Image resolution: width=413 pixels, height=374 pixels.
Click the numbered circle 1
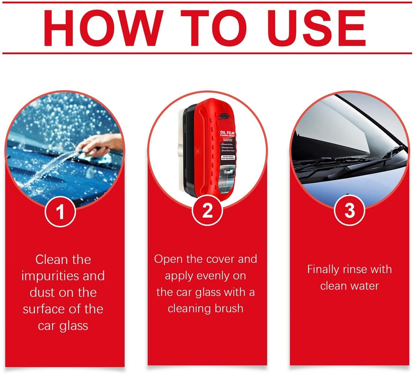60,211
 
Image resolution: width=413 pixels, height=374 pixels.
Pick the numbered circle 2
207,210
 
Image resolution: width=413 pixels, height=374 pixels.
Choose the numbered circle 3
349,210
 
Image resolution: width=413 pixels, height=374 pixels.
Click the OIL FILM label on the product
227,134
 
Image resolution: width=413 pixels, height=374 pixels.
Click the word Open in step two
168,259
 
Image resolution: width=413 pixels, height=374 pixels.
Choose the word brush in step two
229,308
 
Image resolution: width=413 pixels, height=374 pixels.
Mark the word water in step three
365,286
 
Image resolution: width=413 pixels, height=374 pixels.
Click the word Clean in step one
51,260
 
